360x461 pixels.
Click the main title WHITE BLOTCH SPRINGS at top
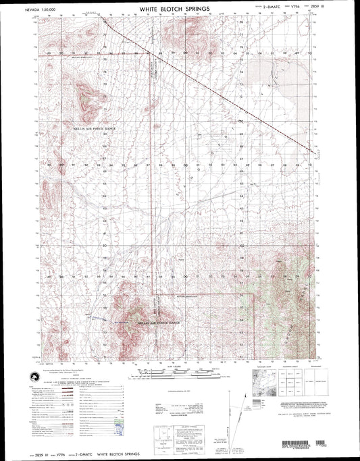tap(174, 10)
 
